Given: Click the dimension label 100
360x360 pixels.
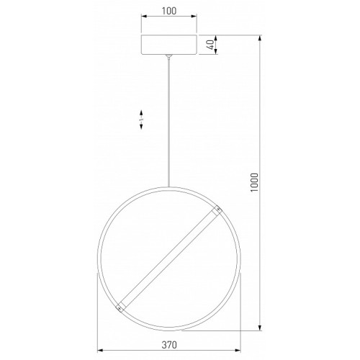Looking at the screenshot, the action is click(169, 11).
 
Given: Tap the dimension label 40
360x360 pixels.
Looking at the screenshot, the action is click(211, 45).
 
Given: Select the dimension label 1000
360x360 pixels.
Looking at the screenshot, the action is click(254, 182).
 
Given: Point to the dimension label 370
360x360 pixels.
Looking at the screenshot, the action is click(169, 345).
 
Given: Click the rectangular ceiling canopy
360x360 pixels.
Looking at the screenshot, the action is click(169, 45).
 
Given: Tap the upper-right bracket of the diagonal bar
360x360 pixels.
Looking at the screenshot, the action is click(217, 210).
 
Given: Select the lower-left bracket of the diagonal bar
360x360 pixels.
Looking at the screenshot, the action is click(120, 307).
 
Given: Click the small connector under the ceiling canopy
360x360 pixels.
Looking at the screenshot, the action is click(169, 56).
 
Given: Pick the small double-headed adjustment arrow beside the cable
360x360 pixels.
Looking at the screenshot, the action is click(141, 120).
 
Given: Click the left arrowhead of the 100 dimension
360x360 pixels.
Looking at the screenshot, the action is click(144, 17).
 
